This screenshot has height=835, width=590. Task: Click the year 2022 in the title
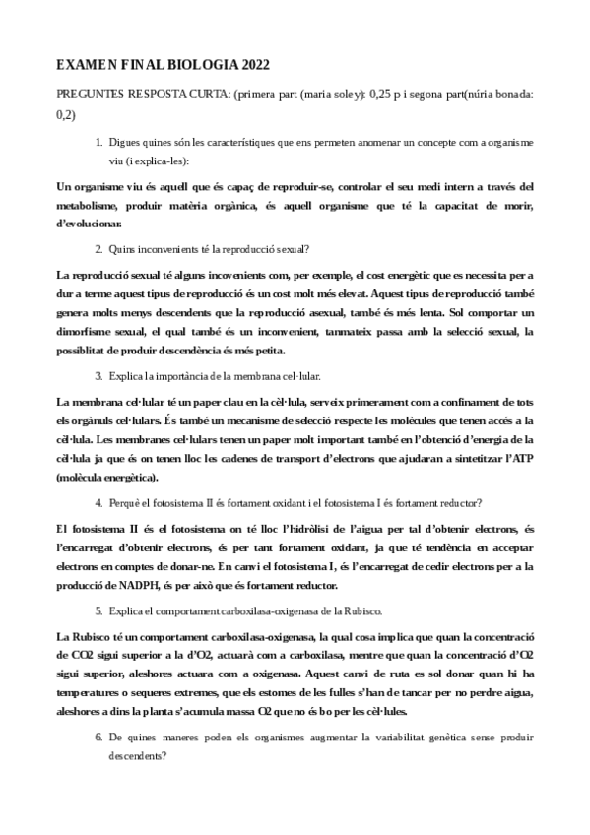point(248,65)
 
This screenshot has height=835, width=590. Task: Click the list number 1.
point(98,142)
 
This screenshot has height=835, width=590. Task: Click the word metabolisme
point(93,205)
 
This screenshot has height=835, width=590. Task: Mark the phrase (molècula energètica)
point(108,476)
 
